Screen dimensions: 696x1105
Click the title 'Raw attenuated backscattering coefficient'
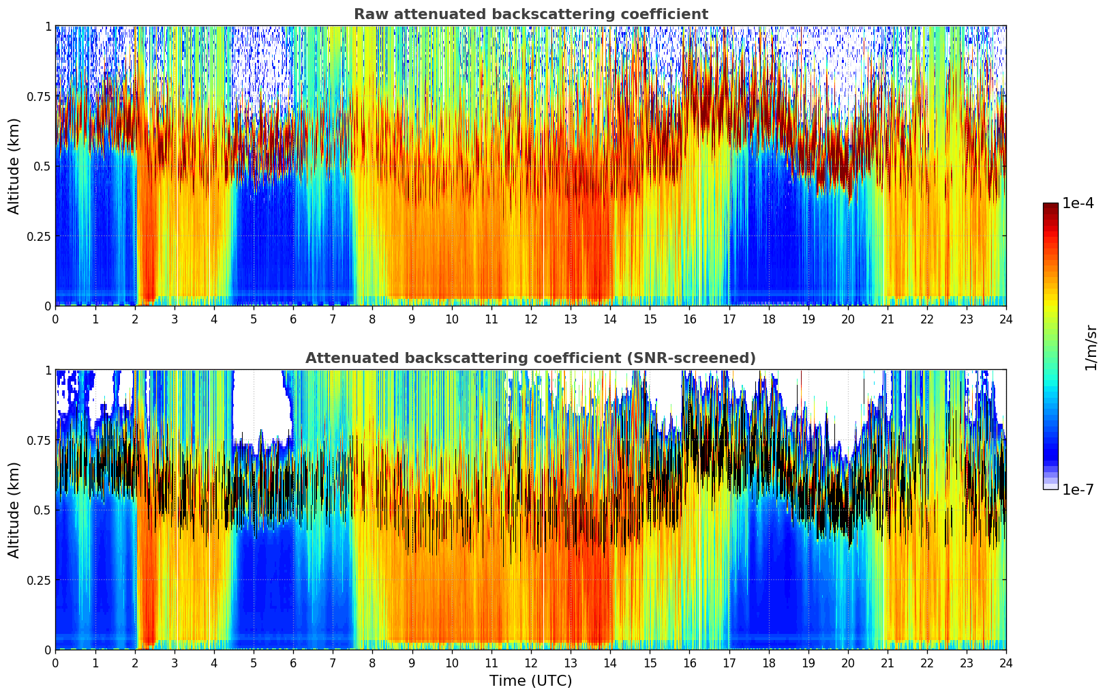tap(530, 14)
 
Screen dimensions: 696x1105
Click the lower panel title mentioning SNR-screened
tap(530, 358)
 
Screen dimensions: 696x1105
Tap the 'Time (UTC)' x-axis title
tap(530, 681)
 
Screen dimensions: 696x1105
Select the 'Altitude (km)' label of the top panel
tap(14, 166)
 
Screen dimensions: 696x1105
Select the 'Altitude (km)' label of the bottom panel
tap(14, 510)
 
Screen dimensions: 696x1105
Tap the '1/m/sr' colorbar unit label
tap(1091, 347)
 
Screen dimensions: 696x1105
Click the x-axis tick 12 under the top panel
tap(531, 319)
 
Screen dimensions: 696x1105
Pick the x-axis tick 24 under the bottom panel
tap(1005, 663)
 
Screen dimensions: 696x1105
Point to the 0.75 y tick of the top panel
tap(38, 96)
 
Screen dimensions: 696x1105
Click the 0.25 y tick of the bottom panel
tap(38, 580)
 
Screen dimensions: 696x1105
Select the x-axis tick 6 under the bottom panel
tap(293, 663)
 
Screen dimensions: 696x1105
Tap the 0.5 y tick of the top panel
tap(42, 166)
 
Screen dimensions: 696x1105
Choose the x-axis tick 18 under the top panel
tap(768, 319)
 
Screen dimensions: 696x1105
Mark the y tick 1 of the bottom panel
tap(48, 370)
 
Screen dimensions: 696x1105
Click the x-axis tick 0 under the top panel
tap(56, 319)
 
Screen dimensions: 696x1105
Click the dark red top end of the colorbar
tap(1050, 205)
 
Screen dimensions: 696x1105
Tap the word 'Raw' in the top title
tap(369, 14)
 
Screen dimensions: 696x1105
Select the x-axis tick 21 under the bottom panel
tap(887, 663)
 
